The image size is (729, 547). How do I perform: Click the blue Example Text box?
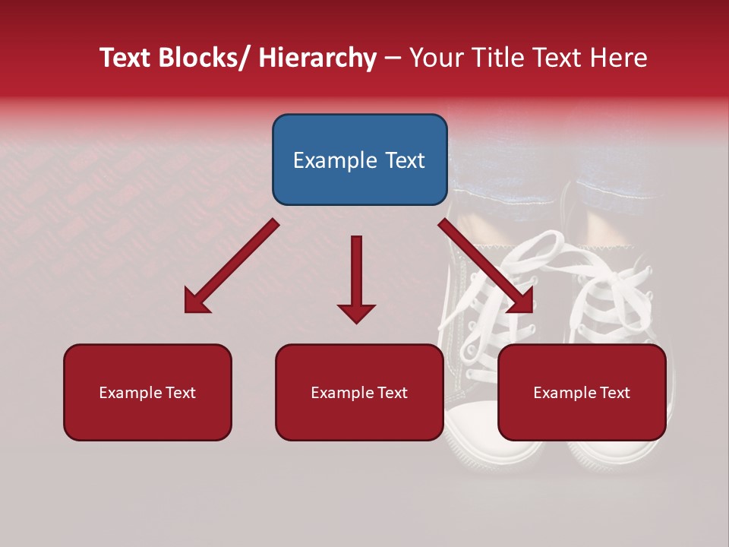coord(359,160)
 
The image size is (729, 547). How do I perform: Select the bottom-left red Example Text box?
coord(147,392)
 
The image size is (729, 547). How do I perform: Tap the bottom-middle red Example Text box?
coord(359,392)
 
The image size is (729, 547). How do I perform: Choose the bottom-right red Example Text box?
coord(582,392)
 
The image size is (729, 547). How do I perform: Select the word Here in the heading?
coord(618,58)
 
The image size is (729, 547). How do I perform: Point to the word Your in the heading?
coord(436,58)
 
